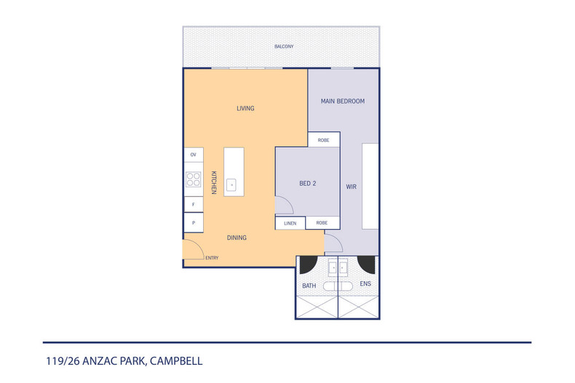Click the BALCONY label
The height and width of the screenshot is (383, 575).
point(284,47)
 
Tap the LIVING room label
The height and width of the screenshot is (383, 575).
point(245,108)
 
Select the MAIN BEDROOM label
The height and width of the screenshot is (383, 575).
point(343,101)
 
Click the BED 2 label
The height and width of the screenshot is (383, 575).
point(308,183)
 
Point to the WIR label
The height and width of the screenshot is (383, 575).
point(351,187)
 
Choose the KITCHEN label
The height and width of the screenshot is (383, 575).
point(214,182)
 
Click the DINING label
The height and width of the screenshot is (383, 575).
point(237,238)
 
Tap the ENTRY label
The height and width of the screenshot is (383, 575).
point(212,258)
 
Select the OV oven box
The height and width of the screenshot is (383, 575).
point(194,155)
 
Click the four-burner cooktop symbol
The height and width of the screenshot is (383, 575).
point(194,180)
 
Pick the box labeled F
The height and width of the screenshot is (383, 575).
point(194,204)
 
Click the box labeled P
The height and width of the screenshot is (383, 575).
point(194,222)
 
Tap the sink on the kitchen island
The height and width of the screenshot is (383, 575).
point(231,185)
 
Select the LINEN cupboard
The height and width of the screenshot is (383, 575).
point(290,223)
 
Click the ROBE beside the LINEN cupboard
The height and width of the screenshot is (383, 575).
point(322,222)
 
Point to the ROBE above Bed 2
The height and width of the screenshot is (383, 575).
point(324,140)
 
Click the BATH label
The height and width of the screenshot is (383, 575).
point(309,286)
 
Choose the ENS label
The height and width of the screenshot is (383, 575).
point(365,283)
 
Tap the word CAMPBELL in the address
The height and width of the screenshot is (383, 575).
point(176,361)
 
